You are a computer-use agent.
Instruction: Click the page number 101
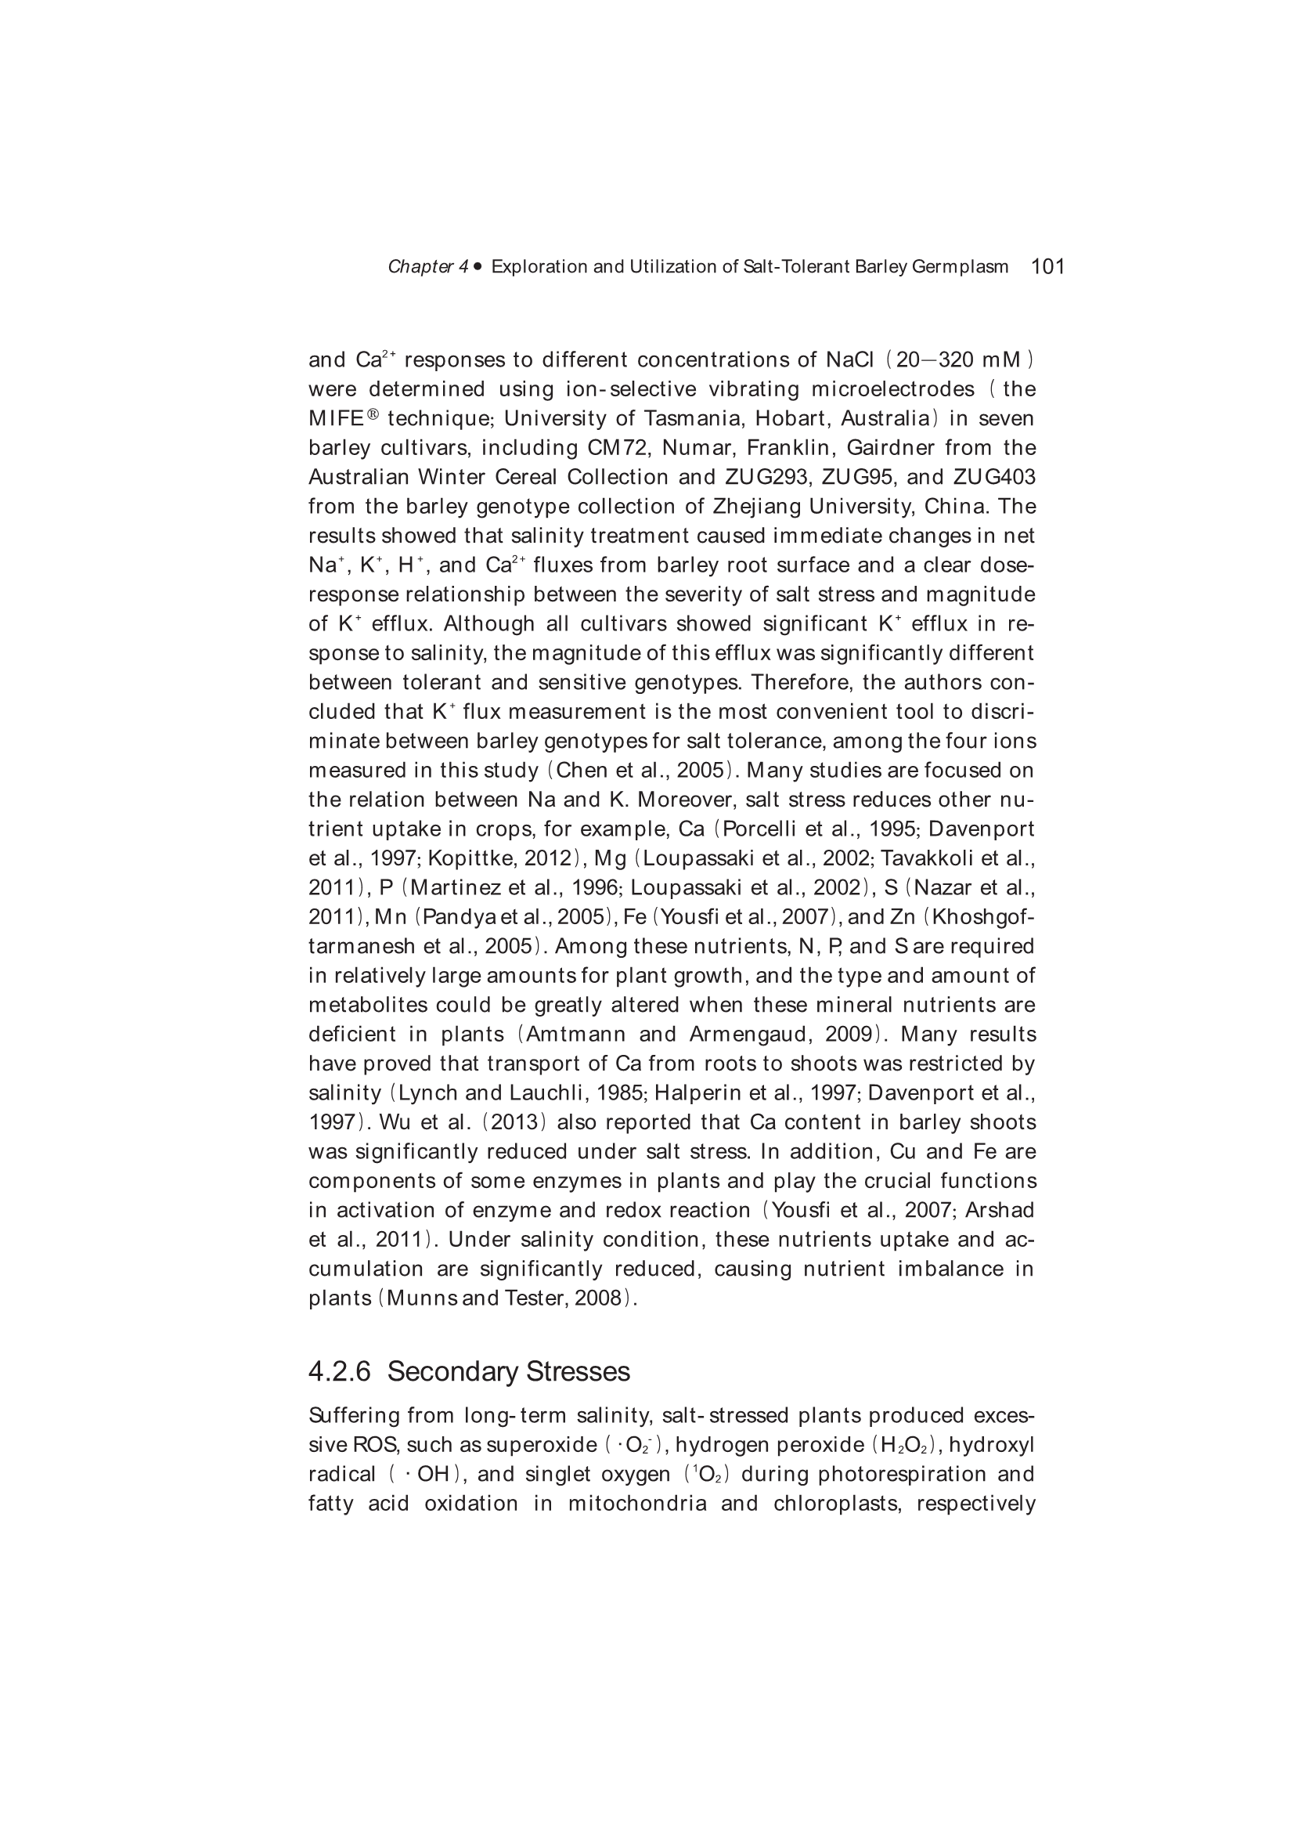pos(1047,266)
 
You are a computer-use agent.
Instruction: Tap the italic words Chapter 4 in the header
pos(428,267)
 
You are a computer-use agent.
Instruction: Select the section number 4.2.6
pos(340,1371)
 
